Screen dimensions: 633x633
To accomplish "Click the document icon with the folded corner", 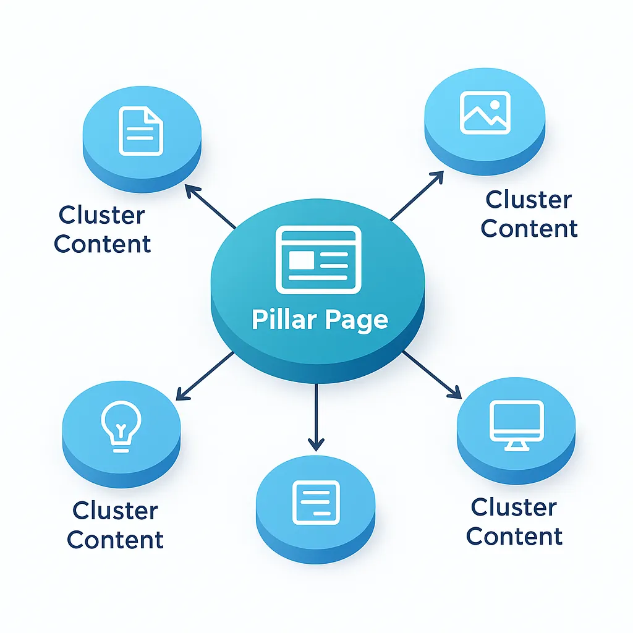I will [x=141, y=130].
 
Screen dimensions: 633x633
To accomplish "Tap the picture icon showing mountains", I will [x=485, y=113].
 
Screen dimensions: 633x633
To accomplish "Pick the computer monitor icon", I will [x=516, y=425].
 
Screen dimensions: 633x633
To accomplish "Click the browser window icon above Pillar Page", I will [x=318, y=259].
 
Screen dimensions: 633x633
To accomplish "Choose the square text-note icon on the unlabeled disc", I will [x=316, y=501].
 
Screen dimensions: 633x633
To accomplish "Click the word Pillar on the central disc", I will [x=284, y=320].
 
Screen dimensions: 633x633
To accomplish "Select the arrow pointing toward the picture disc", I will [x=417, y=196].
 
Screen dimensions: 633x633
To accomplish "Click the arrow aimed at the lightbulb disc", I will [x=204, y=376].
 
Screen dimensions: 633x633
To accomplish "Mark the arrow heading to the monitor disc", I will [x=433, y=375].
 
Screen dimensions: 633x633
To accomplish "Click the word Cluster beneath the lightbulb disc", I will [x=115, y=511].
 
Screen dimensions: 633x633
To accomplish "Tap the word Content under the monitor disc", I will [x=514, y=536].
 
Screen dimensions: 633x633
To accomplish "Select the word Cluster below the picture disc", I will [x=529, y=200].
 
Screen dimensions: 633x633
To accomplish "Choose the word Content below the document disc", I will [x=103, y=244].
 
